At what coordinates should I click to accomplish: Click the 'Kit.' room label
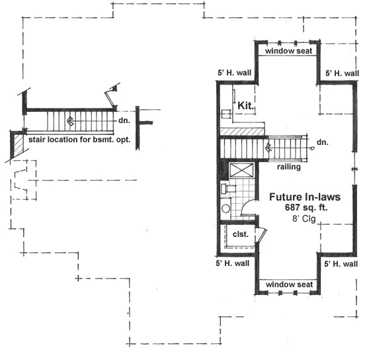pos(245,105)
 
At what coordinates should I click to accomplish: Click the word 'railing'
pos(290,167)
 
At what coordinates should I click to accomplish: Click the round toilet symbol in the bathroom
pos(225,208)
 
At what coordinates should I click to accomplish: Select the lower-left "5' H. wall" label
pos(233,263)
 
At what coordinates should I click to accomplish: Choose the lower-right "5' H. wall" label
pos(342,263)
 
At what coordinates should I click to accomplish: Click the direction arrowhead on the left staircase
pos(69,122)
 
